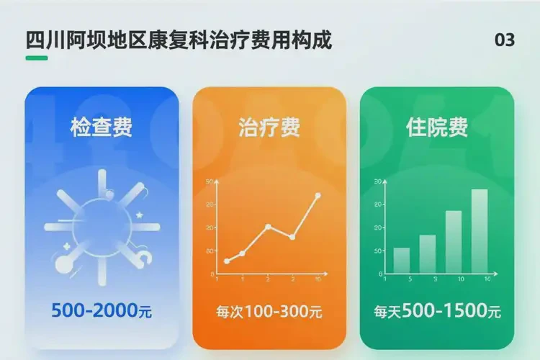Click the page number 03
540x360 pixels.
click(505, 40)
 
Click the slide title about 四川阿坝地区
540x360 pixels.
click(179, 40)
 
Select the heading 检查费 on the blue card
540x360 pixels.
click(102, 127)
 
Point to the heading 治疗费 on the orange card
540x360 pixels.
click(269, 127)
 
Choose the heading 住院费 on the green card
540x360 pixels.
click(437, 127)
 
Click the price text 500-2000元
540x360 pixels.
click(102, 311)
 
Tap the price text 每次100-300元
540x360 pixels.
click(269, 312)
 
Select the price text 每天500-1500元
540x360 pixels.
click(437, 312)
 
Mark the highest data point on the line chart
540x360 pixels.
click(318, 195)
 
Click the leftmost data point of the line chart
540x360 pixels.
click(227, 261)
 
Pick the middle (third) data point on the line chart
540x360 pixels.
click(268, 227)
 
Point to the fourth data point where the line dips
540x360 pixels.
click(292, 237)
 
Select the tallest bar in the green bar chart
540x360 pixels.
click(480, 230)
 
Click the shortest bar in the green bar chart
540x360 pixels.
click(402, 260)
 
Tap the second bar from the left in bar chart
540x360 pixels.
click(428, 253)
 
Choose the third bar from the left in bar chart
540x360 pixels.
click(454, 241)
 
